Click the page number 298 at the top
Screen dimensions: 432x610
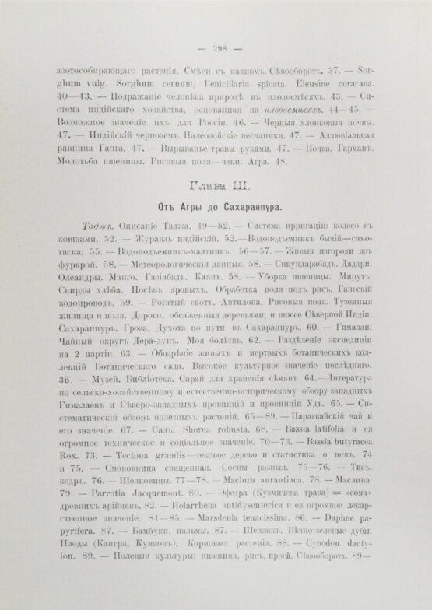[x=216, y=44]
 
